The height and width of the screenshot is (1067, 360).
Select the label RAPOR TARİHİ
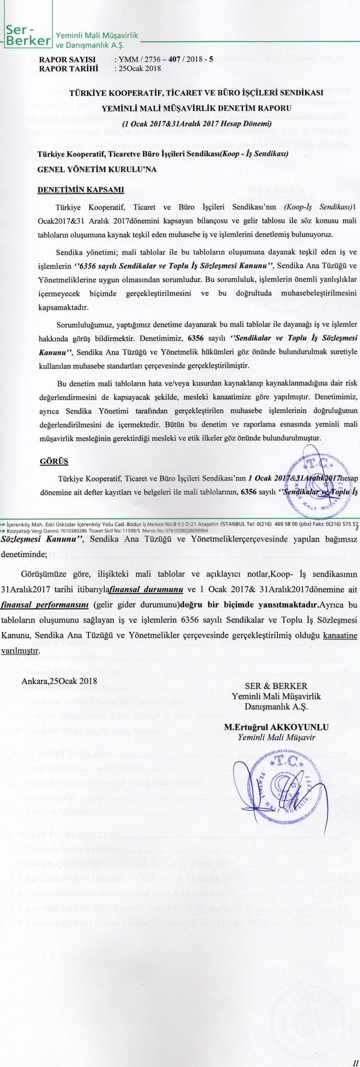(68, 69)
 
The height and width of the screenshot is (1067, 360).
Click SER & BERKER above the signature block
(276, 686)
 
